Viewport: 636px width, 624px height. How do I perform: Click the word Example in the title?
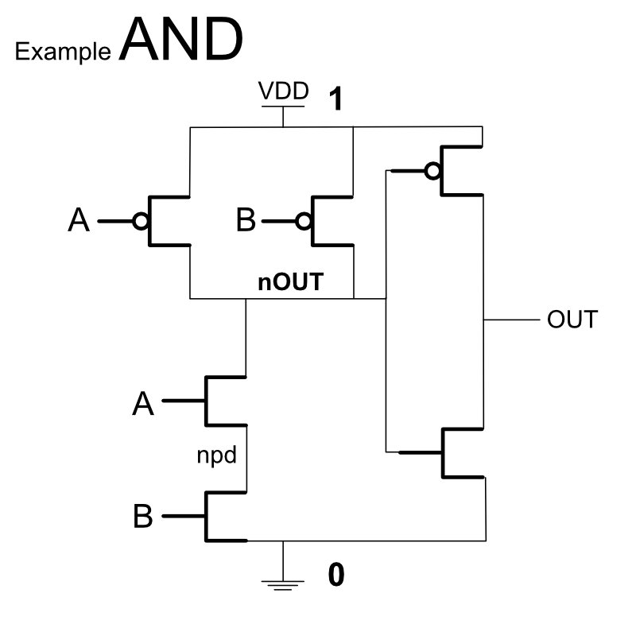click(x=64, y=52)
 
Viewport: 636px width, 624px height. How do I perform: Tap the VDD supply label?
click(x=283, y=92)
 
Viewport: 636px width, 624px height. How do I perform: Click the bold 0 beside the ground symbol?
click(x=336, y=575)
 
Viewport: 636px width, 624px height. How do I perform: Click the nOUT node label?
click(x=290, y=282)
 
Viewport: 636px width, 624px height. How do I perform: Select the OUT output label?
click(x=572, y=320)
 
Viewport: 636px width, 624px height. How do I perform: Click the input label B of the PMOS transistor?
click(x=246, y=221)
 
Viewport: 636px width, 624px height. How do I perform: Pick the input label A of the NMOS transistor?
click(x=142, y=404)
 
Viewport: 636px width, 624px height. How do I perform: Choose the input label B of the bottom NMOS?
click(x=142, y=517)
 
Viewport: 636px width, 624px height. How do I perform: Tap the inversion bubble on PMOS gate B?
click(x=303, y=221)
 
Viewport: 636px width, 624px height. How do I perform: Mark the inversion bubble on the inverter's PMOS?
click(x=432, y=170)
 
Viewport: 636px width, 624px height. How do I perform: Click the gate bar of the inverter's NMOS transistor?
click(x=443, y=453)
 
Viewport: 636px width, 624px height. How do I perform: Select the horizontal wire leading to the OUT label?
click(x=510, y=320)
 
